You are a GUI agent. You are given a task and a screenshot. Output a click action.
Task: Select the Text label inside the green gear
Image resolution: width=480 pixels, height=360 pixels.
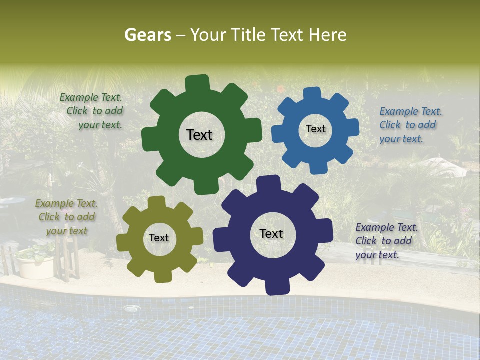199,135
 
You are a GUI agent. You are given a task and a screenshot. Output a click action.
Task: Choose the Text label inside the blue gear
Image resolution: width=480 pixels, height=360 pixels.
315,129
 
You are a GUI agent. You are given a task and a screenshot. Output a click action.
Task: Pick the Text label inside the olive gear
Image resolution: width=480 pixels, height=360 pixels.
159,238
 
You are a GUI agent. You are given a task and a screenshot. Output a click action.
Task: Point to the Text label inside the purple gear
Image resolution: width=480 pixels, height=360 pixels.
271,234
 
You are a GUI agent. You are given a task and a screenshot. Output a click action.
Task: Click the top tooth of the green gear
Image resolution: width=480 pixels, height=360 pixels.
198,83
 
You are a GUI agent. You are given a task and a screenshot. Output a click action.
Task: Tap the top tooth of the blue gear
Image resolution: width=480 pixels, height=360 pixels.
312,94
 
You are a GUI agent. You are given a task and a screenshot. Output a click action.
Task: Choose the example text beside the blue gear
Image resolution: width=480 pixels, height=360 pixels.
410,125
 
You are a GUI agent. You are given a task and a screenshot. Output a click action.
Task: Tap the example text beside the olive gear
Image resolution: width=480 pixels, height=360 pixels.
66,217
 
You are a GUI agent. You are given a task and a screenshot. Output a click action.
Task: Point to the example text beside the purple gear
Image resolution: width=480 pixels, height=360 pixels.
386,241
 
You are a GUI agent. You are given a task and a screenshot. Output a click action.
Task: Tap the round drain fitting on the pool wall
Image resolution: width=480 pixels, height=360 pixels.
131,309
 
